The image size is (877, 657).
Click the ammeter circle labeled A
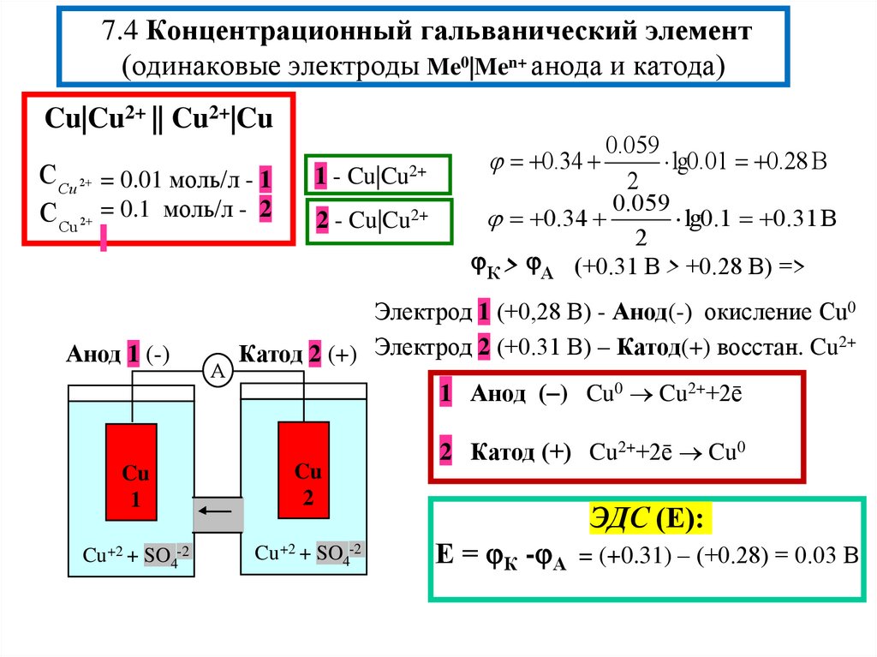(x=218, y=371)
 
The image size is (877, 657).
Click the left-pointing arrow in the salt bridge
(x=218, y=514)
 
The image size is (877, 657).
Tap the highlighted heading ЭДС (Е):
(x=647, y=518)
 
